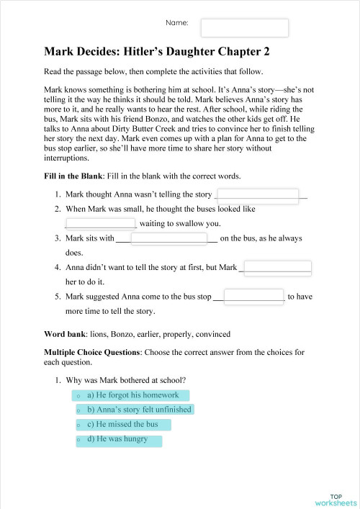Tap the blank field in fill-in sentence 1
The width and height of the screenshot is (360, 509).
pyautogui.click(x=257, y=194)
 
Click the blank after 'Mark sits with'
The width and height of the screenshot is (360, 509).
pyautogui.click(x=168, y=238)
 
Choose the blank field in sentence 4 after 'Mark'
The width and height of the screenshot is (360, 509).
pyautogui.click(x=278, y=268)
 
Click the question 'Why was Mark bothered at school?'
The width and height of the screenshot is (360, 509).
pyautogui.click(x=125, y=379)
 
